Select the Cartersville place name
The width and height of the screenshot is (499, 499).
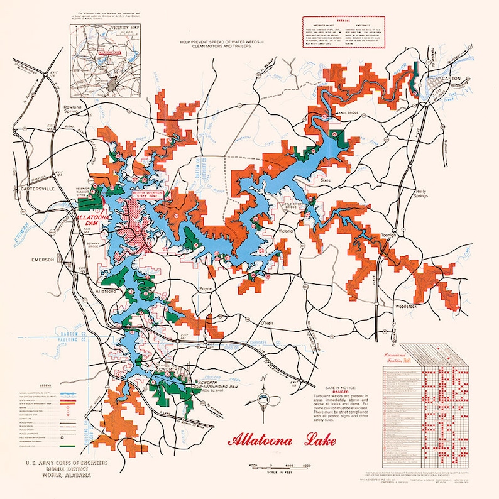[x=38, y=189]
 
